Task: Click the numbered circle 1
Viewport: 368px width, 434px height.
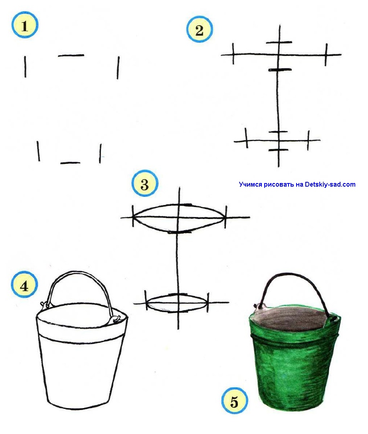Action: (x=25, y=25)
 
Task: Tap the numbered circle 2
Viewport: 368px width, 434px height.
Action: (x=200, y=29)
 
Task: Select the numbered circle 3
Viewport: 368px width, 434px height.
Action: (x=145, y=183)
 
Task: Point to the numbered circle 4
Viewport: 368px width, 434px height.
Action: (x=24, y=285)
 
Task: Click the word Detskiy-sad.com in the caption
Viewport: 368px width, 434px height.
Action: (x=330, y=185)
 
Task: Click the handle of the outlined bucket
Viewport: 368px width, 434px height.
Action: (x=78, y=273)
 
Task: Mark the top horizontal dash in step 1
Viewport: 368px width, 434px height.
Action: (x=71, y=56)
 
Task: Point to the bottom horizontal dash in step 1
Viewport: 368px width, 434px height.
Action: (x=70, y=163)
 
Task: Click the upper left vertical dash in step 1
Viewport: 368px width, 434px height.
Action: (x=25, y=67)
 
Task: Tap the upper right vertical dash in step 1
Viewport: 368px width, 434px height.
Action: (x=118, y=68)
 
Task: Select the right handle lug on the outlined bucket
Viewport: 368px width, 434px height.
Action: (x=116, y=319)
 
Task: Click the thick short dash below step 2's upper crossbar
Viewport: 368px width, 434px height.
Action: (x=280, y=70)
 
